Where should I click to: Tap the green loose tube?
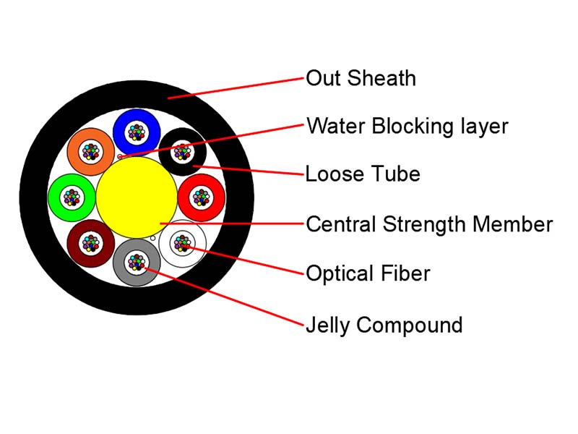[x=56, y=197]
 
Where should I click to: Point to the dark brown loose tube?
[x=78, y=255]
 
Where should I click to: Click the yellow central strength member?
[x=137, y=197]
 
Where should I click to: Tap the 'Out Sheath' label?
[x=361, y=78]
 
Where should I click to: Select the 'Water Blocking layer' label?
[x=407, y=127]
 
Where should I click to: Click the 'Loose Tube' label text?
[x=363, y=174]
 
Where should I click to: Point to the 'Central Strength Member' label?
[x=429, y=224]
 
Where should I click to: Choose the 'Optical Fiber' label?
[x=368, y=273]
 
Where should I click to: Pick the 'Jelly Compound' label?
[x=384, y=325]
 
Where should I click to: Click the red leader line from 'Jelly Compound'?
[x=225, y=297]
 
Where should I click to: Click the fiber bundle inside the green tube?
[x=72, y=197]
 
